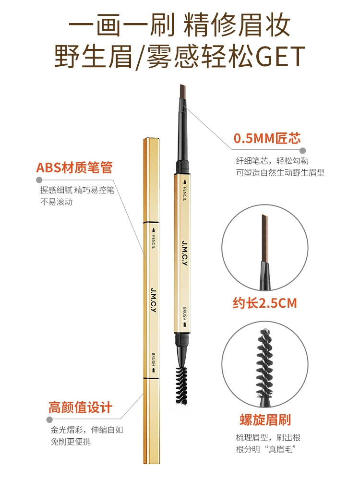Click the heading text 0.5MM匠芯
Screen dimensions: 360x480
pos(267,138)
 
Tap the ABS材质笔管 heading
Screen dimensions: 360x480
pos(74,168)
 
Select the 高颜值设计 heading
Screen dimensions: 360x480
pos(80,408)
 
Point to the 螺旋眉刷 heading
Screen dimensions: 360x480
pos(265,420)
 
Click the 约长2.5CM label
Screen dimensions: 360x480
pos(265,303)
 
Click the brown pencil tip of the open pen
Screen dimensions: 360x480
pos(183,92)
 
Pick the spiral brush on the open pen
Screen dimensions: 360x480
pos(181,384)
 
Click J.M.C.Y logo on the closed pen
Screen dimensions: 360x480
pos(154,300)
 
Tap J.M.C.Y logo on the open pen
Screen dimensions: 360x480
pos(185,253)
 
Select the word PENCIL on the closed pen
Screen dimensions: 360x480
pos(154,242)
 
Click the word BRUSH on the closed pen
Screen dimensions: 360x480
pos(154,360)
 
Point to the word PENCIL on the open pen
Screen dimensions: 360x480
pos(185,194)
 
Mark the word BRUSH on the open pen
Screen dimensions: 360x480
pos(185,313)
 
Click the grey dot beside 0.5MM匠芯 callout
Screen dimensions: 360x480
pos(302,151)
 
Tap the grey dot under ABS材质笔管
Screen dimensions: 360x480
pos(39,180)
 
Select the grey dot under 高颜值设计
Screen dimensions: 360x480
pos(49,419)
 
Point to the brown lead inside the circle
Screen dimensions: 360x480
pos(265,238)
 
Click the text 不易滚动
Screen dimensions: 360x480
pos(56,202)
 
